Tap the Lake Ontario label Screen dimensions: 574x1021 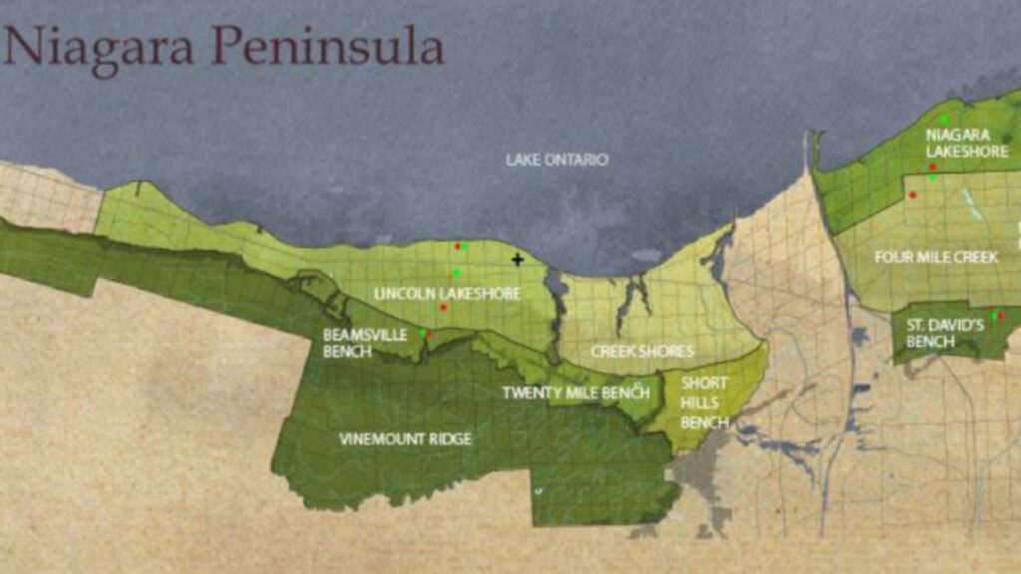556,159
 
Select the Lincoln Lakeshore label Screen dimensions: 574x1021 434,293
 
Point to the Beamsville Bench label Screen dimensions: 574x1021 365,343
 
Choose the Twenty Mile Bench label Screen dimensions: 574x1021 575,393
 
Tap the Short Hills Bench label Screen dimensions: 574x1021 704,403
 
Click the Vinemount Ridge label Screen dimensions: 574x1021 405,438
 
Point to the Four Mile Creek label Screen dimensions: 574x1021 936,257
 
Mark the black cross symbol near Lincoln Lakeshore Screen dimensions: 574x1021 517,260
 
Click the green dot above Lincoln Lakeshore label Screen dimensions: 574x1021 456,273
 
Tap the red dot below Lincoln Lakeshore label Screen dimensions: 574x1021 444,307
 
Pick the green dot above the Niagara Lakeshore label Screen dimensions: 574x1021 942,120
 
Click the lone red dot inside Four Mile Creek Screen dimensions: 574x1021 912,195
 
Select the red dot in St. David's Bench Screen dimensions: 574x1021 994,316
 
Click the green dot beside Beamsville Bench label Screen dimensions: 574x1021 422,333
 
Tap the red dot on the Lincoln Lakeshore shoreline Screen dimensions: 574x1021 458,246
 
